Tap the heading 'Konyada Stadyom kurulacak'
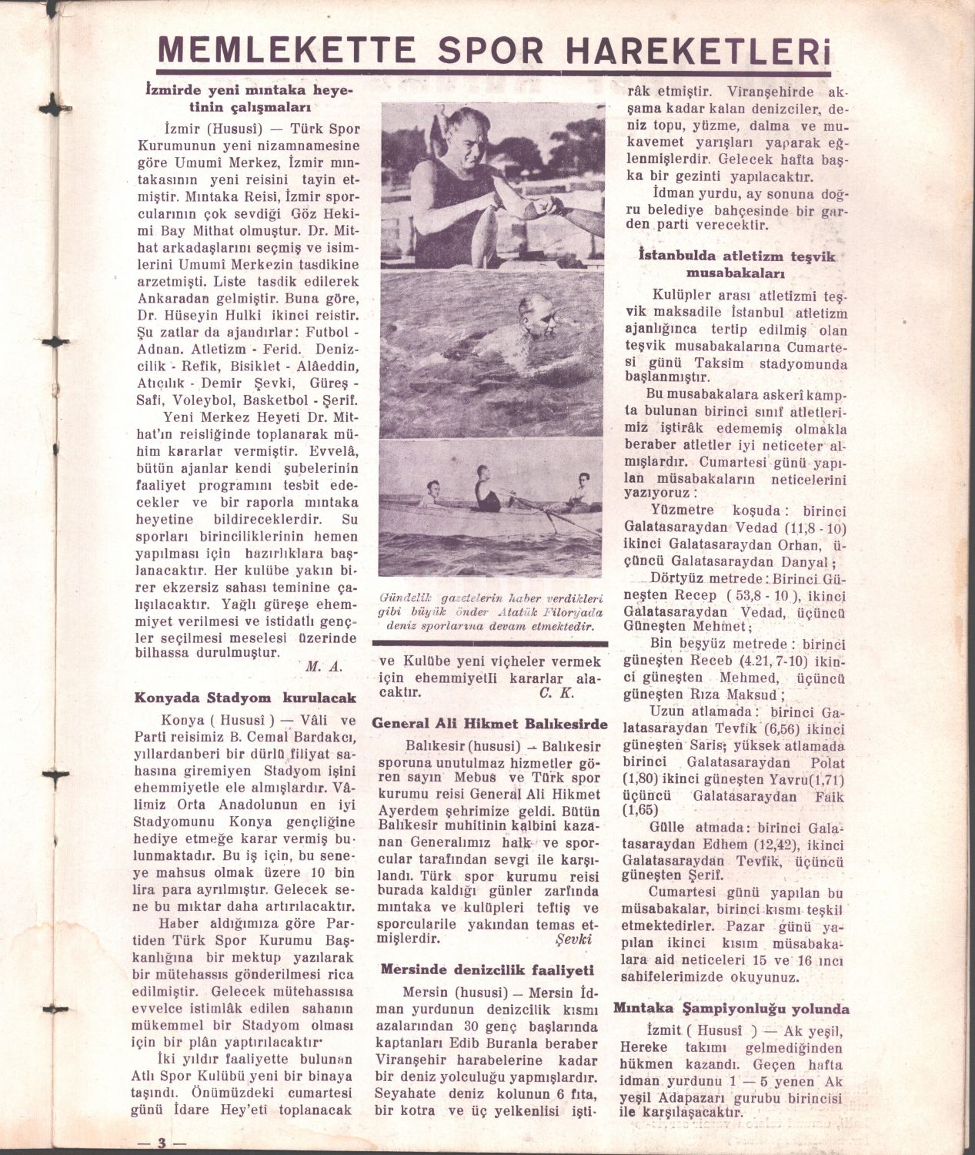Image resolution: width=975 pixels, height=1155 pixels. click(245, 698)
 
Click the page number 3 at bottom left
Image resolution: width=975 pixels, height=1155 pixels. click(162, 1141)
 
